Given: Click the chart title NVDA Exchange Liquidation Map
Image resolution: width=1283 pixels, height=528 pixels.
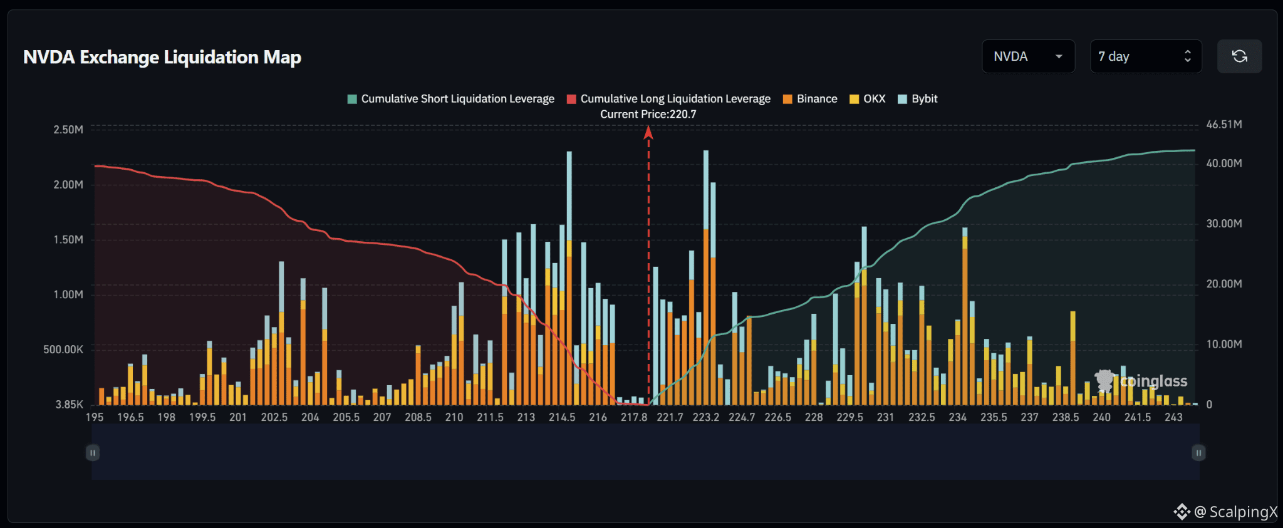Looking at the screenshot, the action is point(162,57).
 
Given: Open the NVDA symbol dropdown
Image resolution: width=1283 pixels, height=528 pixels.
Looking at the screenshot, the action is point(1028,56).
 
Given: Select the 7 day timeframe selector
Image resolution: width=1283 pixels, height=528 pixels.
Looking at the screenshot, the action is point(1146,56).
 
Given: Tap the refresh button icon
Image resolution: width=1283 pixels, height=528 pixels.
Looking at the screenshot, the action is point(1239,56).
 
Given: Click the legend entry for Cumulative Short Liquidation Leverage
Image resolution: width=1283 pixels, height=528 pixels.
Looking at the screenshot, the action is point(451,99).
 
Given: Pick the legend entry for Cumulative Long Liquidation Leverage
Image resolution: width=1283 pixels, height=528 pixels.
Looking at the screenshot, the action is point(668,99).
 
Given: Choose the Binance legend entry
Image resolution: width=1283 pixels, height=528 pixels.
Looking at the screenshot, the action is point(810,99).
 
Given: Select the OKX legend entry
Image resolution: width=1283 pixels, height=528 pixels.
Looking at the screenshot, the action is point(868,99).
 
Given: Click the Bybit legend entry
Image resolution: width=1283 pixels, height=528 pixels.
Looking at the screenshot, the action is point(918,99).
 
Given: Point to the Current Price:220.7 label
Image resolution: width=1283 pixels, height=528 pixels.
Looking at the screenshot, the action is point(648,114).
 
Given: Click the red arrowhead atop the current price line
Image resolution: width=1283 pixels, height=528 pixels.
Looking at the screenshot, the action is point(648,132).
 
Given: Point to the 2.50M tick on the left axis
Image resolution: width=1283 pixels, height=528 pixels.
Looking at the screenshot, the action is point(68,130).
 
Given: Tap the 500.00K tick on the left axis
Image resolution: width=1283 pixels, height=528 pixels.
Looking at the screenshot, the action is point(63,349).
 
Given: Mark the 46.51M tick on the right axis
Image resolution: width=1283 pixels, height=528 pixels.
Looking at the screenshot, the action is point(1224,125).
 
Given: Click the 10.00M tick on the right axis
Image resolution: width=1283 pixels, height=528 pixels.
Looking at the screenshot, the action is point(1224,344).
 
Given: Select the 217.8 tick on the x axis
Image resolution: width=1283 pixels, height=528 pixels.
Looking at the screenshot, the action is point(634,417).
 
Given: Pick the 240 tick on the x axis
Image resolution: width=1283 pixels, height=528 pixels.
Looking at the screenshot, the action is point(1102,417).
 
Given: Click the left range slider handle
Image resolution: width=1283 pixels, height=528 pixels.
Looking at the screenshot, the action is point(93,453).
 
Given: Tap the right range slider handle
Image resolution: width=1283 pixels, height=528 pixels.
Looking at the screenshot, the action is point(1198,453).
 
